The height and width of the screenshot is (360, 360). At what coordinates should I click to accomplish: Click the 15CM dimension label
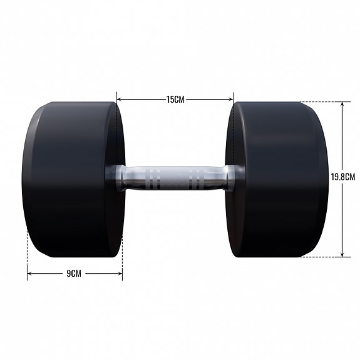click(175, 99)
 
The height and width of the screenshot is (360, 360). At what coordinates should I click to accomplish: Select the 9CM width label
click(74, 274)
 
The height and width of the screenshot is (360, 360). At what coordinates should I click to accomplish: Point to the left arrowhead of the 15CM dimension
click(119, 99)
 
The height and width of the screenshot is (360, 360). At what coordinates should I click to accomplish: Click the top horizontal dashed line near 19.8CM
click(319, 102)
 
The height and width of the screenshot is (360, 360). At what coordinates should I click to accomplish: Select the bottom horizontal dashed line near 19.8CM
click(319, 256)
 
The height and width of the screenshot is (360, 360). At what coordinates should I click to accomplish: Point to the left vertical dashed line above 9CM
click(28, 250)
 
